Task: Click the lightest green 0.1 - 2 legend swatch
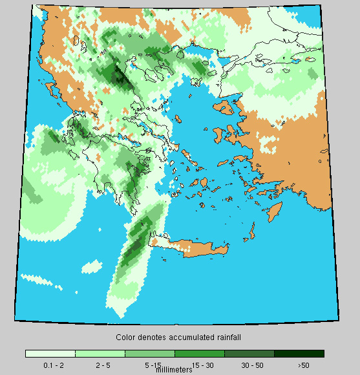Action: (50, 354)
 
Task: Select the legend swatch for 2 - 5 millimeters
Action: (100, 354)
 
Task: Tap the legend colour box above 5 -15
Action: (150, 354)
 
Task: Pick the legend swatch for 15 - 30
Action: (200, 354)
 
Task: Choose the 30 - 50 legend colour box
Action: (249, 354)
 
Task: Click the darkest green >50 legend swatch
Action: (299, 354)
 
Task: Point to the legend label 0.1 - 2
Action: (53, 365)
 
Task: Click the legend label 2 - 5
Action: (102, 365)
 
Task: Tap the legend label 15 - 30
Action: (202, 365)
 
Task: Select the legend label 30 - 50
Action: (253, 365)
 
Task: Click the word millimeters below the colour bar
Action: (174, 370)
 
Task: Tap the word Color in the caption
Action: (125, 337)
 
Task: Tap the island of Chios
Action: (220, 134)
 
